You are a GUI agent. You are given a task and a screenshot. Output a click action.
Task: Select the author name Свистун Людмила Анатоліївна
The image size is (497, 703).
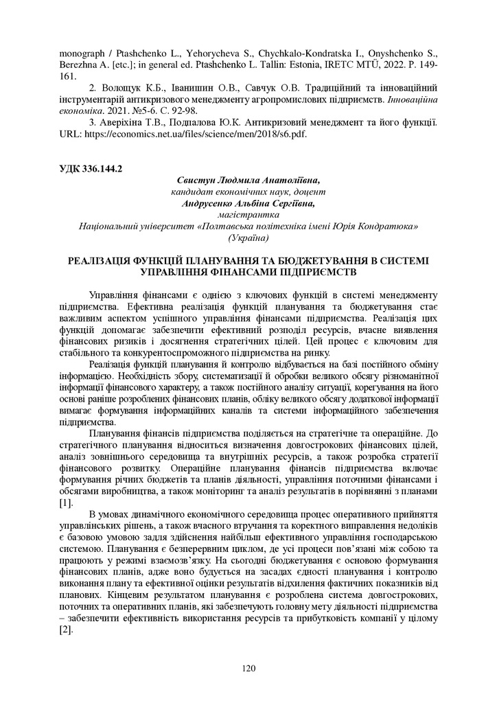[x=248, y=180]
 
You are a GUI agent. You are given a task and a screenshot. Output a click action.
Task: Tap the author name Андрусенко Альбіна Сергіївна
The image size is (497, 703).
[x=248, y=203]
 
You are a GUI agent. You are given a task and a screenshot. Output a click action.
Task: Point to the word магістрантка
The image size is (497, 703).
[x=248, y=215]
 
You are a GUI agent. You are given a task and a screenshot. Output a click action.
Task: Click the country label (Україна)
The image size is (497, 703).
[x=248, y=238]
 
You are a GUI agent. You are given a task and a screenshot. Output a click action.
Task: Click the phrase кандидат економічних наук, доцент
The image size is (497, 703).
[x=248, y=192]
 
